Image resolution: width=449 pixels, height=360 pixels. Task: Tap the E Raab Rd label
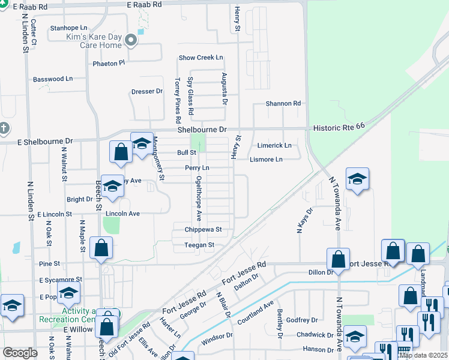145,4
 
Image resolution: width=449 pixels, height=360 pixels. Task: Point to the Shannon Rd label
283,104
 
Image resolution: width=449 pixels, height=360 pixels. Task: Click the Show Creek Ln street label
201,58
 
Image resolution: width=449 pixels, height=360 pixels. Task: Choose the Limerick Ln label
274,146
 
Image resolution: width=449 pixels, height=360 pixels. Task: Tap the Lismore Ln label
266,160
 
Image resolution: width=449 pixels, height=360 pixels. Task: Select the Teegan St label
199,245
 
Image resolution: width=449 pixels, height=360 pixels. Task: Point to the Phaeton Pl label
108,63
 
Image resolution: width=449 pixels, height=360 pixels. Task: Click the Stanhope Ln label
69,28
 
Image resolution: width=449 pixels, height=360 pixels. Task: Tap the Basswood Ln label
52,79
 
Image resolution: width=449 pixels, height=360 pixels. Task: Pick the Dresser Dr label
147,92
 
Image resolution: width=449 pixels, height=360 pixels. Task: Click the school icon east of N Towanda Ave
357,179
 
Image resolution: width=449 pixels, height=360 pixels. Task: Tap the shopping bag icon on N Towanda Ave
338,259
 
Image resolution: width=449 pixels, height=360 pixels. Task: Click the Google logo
20,353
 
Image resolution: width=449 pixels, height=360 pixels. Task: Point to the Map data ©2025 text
423,355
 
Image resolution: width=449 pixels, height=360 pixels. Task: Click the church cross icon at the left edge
4,128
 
